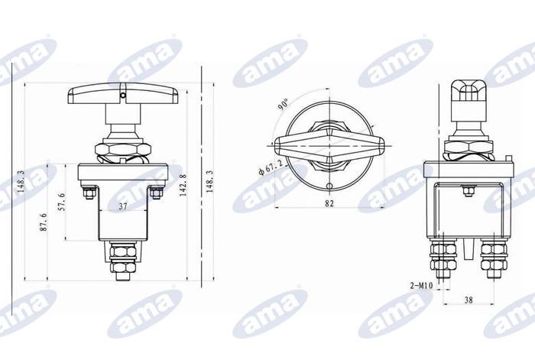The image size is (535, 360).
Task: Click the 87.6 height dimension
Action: pyautogui.click(x=44, y=222)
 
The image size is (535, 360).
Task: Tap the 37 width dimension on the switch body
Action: pyautogui.click(x=123, y=206)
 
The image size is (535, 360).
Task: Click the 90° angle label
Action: pyautogui.click(x=283, y=105)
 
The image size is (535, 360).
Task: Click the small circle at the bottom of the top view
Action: pyautogui.click(x=329, y=186)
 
